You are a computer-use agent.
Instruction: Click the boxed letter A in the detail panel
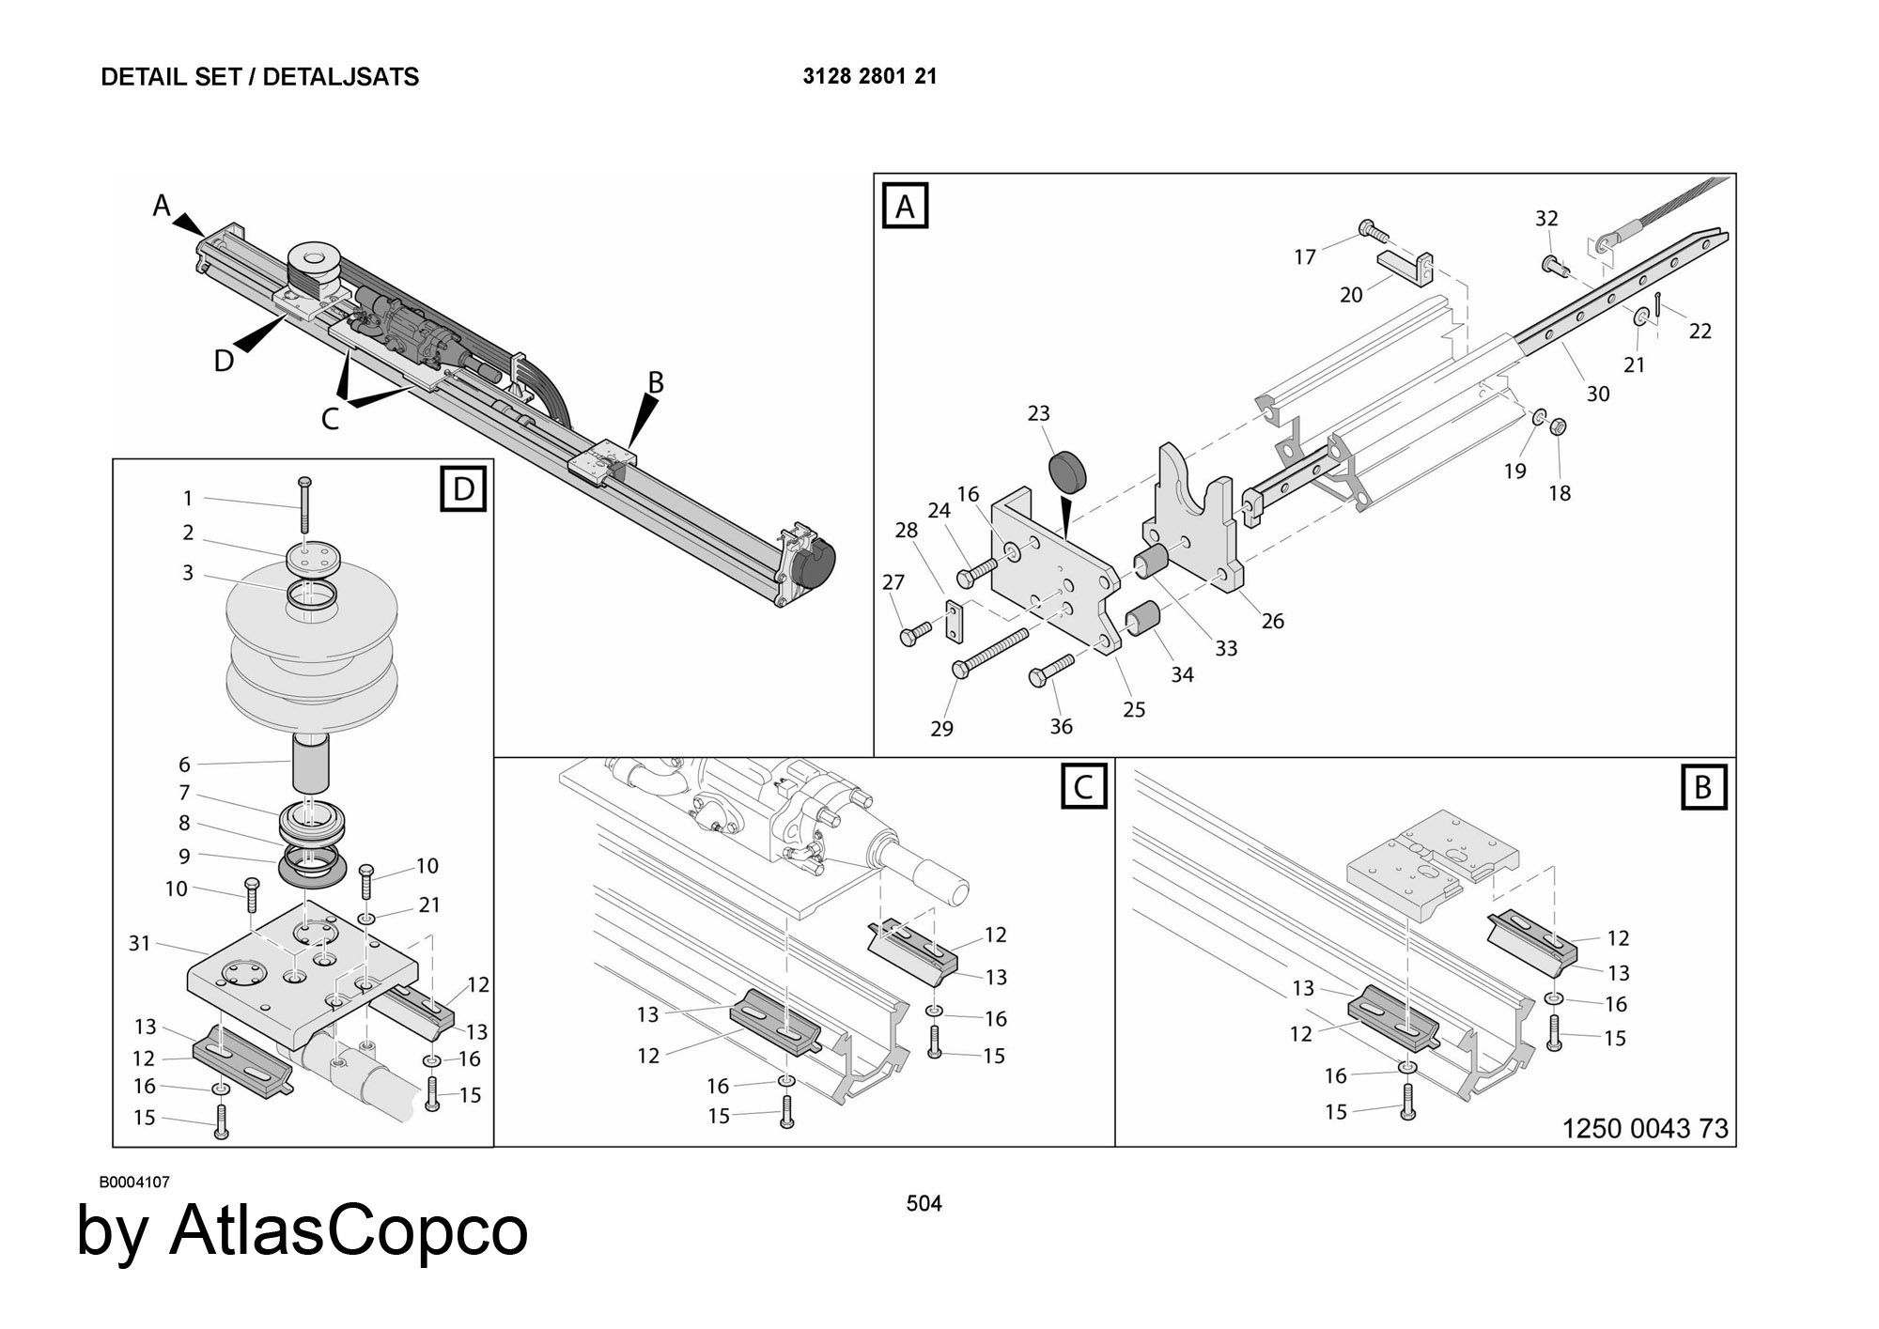905,207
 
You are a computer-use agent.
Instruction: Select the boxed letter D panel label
464,488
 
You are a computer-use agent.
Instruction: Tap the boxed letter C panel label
1084,786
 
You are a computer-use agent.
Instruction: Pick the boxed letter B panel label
1702,787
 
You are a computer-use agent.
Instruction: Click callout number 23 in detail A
1038,413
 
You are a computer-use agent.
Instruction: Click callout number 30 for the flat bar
1598,394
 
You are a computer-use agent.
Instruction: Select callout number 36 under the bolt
1061,726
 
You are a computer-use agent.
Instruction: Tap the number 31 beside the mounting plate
139,943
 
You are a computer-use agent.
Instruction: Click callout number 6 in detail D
184,765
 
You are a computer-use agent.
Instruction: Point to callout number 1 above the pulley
188,498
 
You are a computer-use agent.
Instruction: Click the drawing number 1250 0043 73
1645,1128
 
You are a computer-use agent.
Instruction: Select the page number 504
924,1203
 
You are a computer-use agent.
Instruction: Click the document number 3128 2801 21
870,77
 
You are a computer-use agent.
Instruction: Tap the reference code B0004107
134,1182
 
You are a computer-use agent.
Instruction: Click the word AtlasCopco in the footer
349,1230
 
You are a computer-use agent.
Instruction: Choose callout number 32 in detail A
1546,218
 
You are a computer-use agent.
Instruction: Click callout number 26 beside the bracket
1272,621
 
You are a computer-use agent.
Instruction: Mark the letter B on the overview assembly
656,382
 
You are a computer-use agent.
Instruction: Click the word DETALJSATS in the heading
341,77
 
